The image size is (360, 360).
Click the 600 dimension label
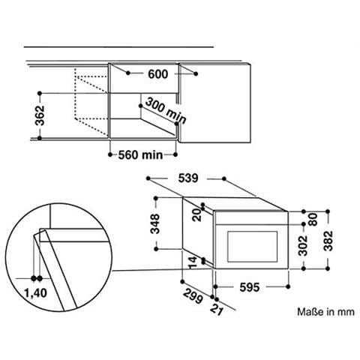click(x=158, y=74)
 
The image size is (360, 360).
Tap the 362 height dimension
click(x=40, y=115)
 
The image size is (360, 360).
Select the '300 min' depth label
click(x=166, y=111)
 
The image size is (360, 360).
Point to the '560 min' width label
click(x=140, y=155)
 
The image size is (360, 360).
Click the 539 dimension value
click(x=188, y=178)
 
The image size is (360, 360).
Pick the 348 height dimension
click(x=155, y=223)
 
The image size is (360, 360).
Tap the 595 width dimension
click(x=250, y=287)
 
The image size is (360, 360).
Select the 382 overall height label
click(x=328, y=241)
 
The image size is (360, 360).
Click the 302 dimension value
click(x=303, y=246)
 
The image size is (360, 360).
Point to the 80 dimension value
click(x=313, y=220)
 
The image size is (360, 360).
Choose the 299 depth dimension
click(x=193, y=296)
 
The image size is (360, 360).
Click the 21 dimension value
click(x=216, y=310)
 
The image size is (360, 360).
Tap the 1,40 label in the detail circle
click(x=36, y=293)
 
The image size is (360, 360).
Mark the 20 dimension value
click(x=197, y=214)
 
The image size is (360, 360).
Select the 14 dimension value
click(x=193, y=262)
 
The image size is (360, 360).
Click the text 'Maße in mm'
click(x=325, y=312)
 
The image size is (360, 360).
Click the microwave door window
click(x=252, y=246)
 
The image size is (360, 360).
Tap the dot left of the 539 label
click(x=148, y=178)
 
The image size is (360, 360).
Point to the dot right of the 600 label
click(x=196, y=73)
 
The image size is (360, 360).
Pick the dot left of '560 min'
click(x=110, y=154)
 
